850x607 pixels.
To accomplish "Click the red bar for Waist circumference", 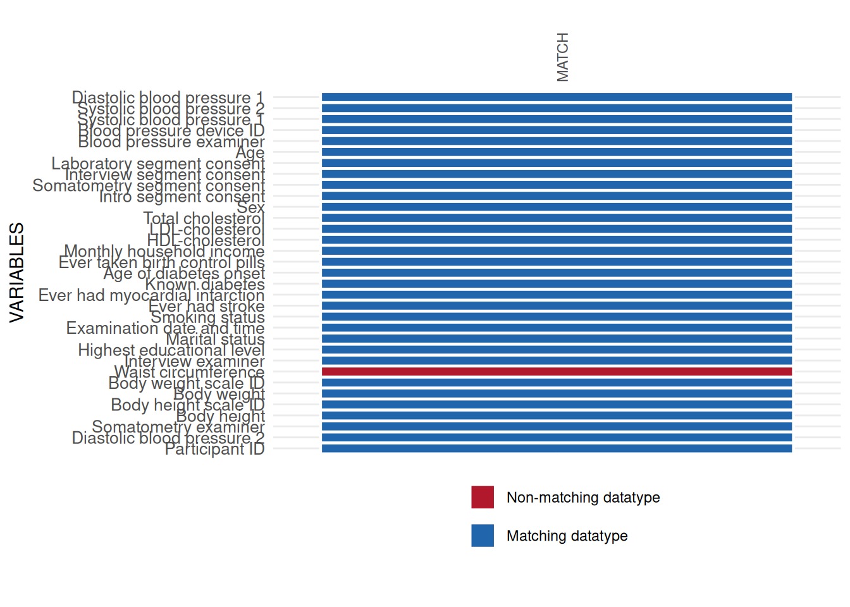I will (x=557, y=372).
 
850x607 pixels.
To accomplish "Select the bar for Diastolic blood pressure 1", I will (x=557, y=97).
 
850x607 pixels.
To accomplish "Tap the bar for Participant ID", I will (x=557, y=448).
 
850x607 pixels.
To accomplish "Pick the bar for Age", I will (x=557, y=152).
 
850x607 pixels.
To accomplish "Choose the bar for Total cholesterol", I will (x=557, y=218).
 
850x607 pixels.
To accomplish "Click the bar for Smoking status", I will (x=557, y=317).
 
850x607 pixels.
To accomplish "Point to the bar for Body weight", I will (x=557, y=393).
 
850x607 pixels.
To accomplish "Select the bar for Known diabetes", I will (x=557, y=284).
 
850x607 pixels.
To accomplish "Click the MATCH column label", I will (x=562, y=57).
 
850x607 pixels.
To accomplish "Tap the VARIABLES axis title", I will (x=17, y=273).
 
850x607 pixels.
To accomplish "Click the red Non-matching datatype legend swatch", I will (x=483, y=497).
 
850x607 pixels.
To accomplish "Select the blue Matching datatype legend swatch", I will (x=483, y=536).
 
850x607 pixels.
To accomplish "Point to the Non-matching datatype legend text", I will (x=582, y=498).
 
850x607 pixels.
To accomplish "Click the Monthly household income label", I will (x=164, y=252).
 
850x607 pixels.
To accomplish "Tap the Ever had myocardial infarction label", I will (x=151, y=295).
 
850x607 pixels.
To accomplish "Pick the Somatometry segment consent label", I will (x=149, y=186).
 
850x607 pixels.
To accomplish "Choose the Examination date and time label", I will (x=165, y=328).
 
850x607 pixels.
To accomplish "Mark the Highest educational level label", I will (x=171, y=350).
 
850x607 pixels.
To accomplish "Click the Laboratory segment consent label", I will (x=158, y=164).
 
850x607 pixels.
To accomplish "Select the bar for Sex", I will (x=557, y=207).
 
